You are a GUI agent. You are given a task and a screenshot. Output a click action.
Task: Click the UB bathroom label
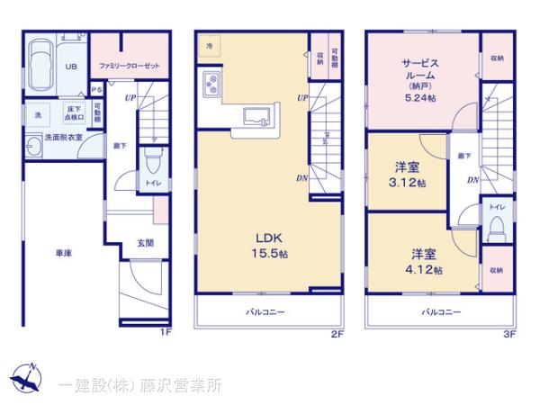(69, 66)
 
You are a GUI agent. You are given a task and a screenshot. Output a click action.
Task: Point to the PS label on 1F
(97, 91)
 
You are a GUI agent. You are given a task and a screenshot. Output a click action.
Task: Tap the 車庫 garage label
(62, 254)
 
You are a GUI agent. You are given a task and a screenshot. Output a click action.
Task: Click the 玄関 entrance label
(145, 242)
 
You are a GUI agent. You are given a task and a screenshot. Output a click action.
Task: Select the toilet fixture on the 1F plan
(152, 164)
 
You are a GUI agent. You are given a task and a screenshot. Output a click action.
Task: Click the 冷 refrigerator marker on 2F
(210, 45)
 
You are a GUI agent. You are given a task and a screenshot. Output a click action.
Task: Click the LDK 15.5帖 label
(270, 245)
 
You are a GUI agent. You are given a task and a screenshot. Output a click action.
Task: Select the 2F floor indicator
(336, 335)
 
